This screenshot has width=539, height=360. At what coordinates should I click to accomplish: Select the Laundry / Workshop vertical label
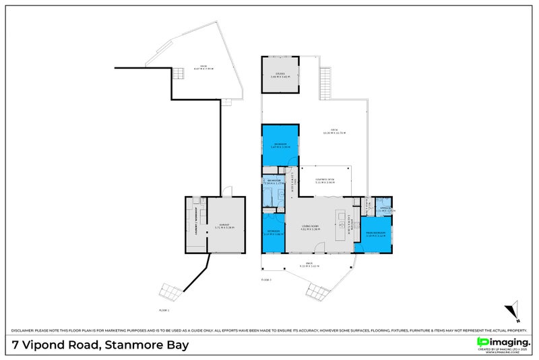195,216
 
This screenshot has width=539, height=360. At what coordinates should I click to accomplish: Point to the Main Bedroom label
375,235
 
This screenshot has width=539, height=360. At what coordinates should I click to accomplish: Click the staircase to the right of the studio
327,84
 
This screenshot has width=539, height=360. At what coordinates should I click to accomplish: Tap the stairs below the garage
170,291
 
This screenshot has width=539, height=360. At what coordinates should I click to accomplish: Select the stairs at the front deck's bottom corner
317,291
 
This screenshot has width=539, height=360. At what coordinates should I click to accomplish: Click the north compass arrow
513,313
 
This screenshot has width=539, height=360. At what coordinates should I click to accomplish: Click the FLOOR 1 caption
164,310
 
